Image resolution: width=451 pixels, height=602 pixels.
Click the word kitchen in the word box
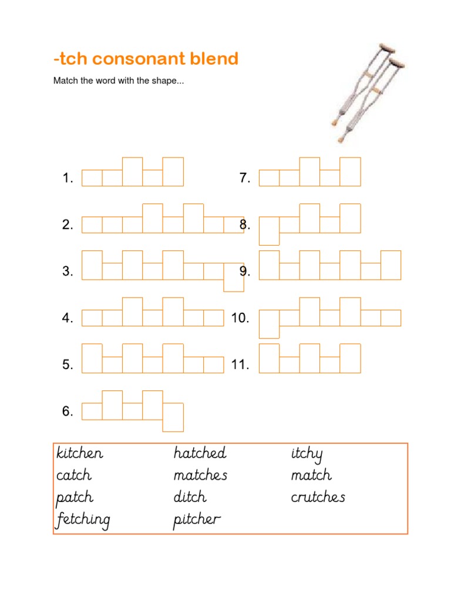[80, 453]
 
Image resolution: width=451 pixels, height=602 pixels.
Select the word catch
[74, 475]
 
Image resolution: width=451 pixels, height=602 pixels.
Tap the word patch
[75, 498]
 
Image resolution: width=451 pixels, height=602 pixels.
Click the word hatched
[200, 453]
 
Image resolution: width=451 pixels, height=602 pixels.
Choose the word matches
[200, 475]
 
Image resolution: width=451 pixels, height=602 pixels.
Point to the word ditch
[190, 497]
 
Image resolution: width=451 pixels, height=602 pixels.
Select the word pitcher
[197, 520]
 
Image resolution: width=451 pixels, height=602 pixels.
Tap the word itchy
[307, 454]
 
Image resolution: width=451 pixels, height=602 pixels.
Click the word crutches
[318, 497]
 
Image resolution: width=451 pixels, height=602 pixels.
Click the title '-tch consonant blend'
[146, 59]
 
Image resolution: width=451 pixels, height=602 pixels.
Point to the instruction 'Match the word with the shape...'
[119, 81]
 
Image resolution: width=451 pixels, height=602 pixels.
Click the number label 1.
[68, 178]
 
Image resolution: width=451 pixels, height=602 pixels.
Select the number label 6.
[68, 412]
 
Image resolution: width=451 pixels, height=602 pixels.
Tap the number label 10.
[240, 318]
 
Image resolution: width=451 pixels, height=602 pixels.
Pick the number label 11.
[240, 365]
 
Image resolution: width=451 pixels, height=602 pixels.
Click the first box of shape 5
[92, 358]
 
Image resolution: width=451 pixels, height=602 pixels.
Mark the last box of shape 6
[173, 417]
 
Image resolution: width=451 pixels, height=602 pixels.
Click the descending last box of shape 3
[234, 277]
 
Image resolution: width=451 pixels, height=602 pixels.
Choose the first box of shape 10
[269, 324]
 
